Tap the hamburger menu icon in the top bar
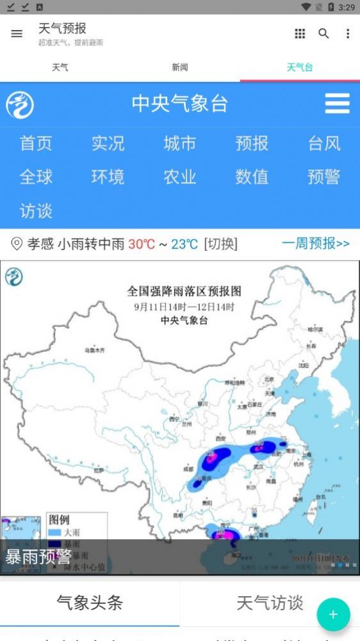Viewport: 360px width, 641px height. pyautogui.click(x=17, y=34)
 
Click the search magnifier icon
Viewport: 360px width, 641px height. pyautogui.click(x=323, y=34)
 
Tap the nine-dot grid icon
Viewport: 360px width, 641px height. pyautogui.click(x=300, y=34)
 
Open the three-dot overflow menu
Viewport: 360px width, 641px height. pyautogui.click(x=348, y=34)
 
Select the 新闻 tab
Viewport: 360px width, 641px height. pyautogui.click(x=180, y=67)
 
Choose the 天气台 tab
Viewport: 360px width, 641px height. pyautogui.click(x=300, y=67)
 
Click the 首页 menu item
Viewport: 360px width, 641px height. pyautogui.click(x=36, y=144)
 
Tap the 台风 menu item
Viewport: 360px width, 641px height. pyautogui.click(x=324, y=144)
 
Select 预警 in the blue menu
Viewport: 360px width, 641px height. pyautogui.click(x=324, y=177)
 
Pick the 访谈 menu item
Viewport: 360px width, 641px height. pyautogui.click(x=36, y=211)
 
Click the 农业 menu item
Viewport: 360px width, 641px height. pyautogui.click(x=180, y=177)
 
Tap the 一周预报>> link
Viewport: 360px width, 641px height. pyautogui.click(x=316, y=244)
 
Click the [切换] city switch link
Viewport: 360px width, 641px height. pyautogui.click(x=220, y=244)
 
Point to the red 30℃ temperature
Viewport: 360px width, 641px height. pyautogui.click(x=142, y=244)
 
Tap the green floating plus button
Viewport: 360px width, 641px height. pyautogui.click(x=333, y=615)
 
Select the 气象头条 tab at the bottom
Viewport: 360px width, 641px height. pyautogui.click(x=90, y=603)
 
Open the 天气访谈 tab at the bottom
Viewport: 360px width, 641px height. pyautogui.click(x=270, y=603)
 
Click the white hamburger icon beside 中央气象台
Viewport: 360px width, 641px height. pyautogui.click(x=337, y=104)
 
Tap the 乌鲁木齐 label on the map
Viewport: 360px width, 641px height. pyautogui.click(x=94, y=350)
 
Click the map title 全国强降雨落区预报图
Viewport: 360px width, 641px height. pyautogui.click(x=184, y=291)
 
